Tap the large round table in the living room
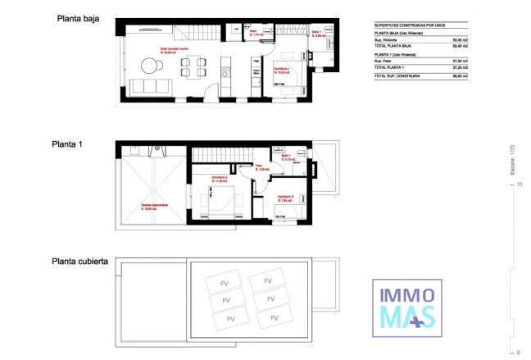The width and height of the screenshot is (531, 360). pyautogui.click(x=151, y=64)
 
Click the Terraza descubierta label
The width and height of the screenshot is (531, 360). pyautogui.click(x=153, y=206)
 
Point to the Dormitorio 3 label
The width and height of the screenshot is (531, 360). pyautogui.click(x=284, y=197)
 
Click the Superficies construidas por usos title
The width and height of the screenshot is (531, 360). pyautogui.click(x=411, y=25)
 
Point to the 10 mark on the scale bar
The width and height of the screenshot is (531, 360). pyautogui.click(x=519, y=185)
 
